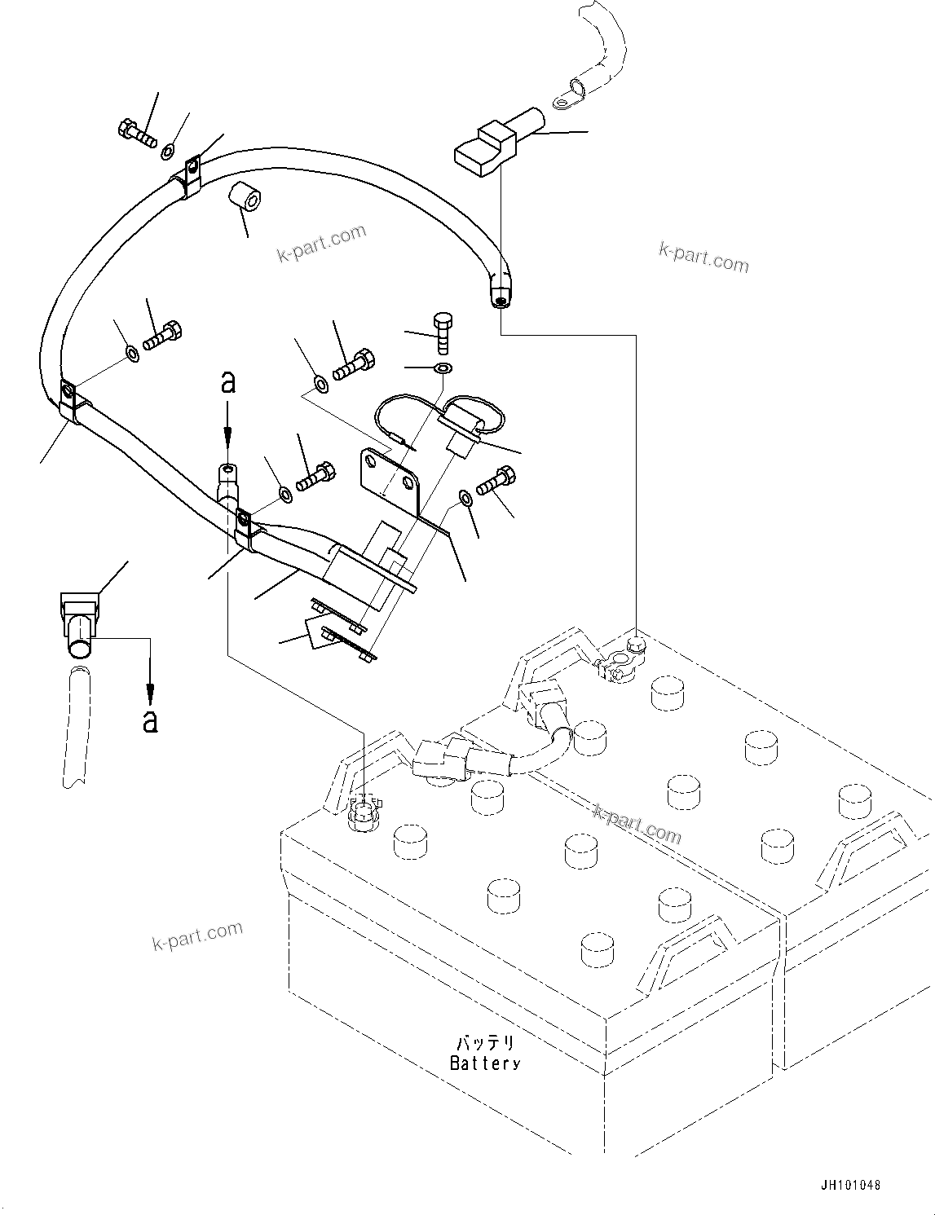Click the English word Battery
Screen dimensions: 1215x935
point(485,1063)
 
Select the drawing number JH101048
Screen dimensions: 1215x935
point(851,1186)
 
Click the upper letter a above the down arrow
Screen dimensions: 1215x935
point(228,382)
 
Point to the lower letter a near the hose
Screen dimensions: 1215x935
point(150,720)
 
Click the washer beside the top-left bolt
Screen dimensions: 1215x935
point(168,151)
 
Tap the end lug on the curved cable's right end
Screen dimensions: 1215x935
point(500,292)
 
